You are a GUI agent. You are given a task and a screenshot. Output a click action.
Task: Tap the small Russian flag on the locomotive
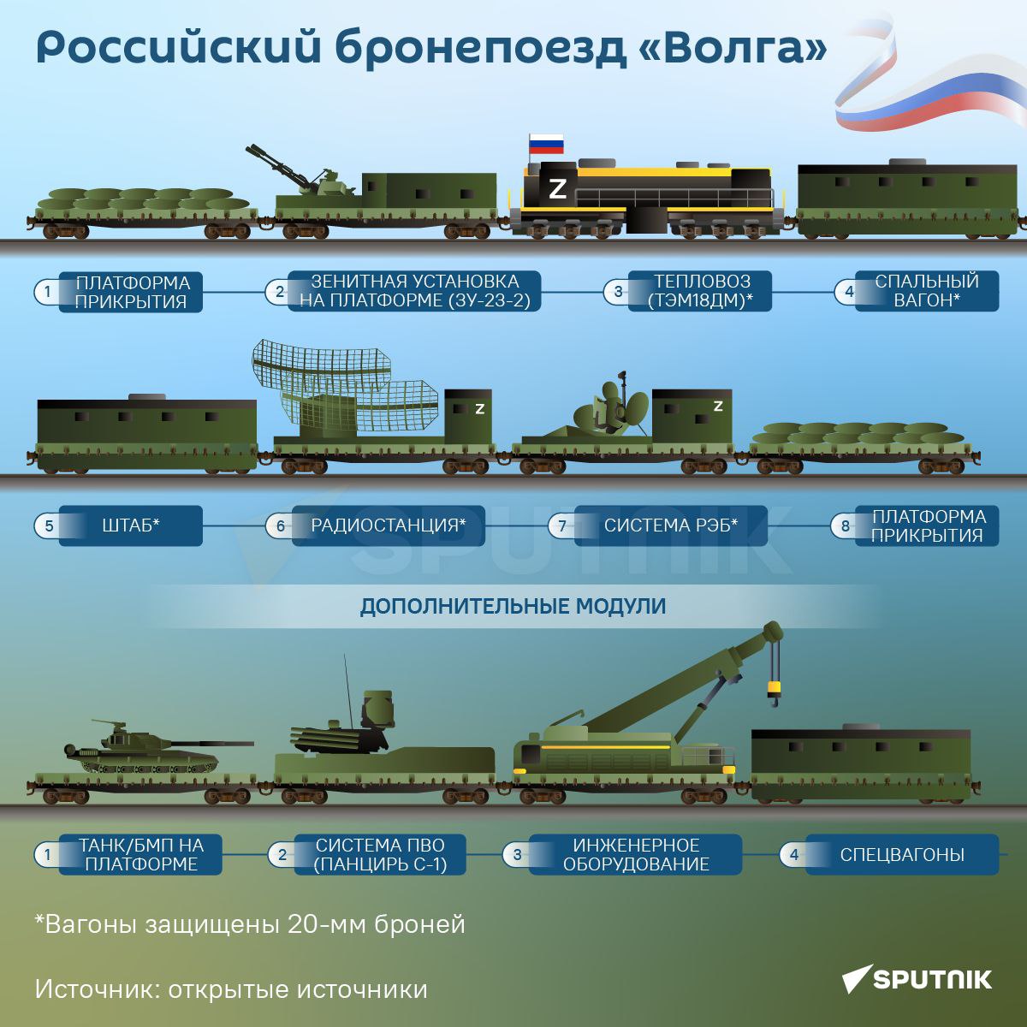(x=546, y=144)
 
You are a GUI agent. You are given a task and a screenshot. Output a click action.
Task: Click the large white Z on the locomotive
(x=557, y=189)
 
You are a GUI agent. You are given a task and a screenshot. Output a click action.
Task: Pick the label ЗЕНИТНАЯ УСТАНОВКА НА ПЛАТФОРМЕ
(x=414, y=291)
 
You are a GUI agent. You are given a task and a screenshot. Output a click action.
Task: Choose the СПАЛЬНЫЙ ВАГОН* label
(x=927, y=291)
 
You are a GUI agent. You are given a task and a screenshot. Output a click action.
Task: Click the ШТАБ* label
(x=131, y=525)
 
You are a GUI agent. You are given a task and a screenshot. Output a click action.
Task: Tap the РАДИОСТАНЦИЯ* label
(x=388, y=525)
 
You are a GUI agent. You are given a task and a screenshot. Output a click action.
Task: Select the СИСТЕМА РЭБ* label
(x=670, y=525)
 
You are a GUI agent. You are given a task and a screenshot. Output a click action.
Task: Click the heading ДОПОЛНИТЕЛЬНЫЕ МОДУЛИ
(x=513, y=607)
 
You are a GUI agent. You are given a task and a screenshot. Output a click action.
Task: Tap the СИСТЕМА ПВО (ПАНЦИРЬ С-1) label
(x=380, y=854)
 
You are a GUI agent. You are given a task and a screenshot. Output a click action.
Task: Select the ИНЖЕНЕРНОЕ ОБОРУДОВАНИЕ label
(x=635, y=854)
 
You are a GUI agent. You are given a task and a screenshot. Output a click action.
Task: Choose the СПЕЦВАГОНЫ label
(x=902, y=854)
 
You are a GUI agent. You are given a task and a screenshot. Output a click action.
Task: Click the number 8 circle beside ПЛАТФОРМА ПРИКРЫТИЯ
(x=845, y=526)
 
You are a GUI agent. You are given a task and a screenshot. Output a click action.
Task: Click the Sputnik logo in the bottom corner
(x=917, y=979)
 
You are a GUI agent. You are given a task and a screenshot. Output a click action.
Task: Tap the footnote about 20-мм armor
(x=250, y=923)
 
